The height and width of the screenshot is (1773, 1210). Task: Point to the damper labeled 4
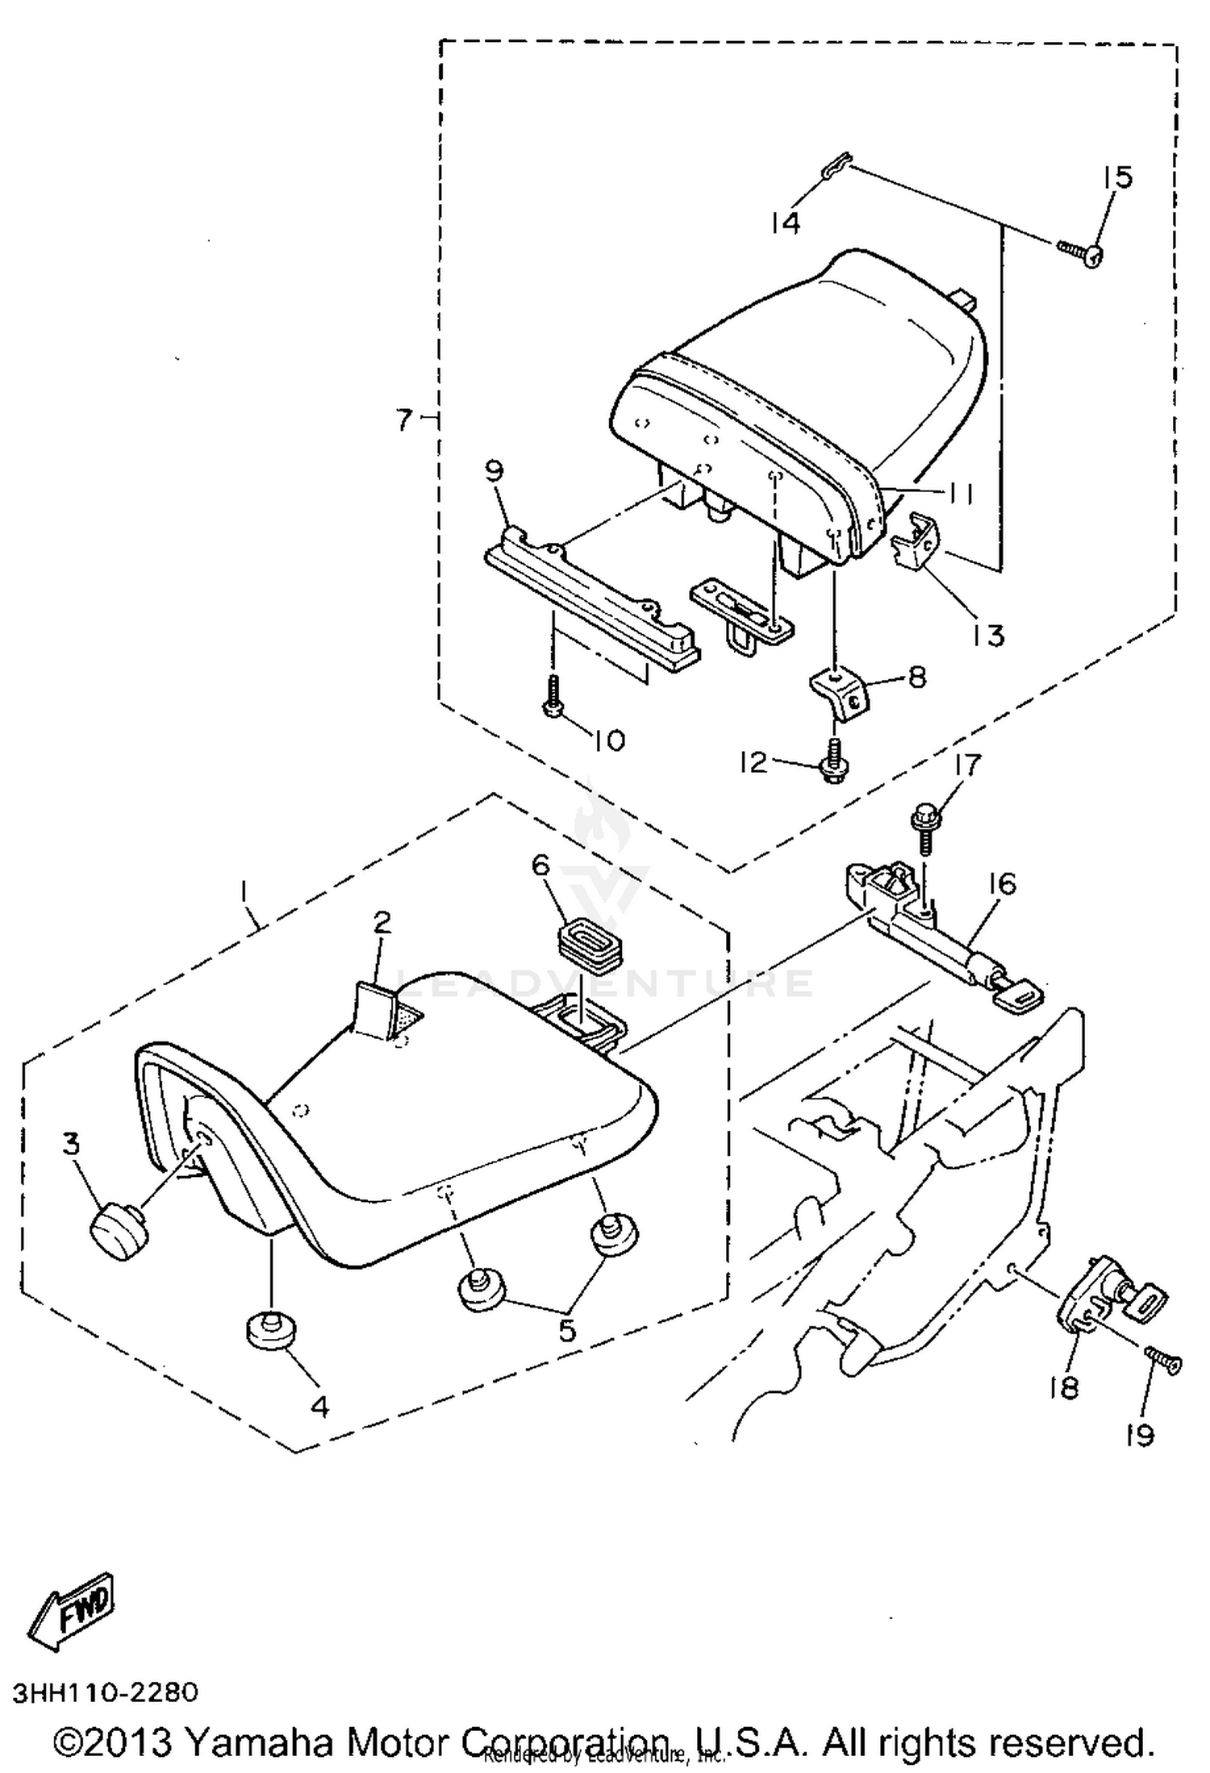[269, 1328]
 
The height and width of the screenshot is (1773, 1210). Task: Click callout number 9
[494, 470]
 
